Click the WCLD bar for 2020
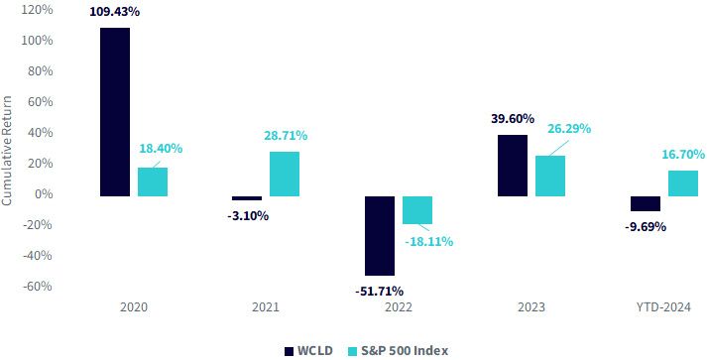[x=115, y=112]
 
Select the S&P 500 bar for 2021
[x=285, y=175]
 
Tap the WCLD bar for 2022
[x=380, y=236]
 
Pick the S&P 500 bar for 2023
[x=550, y=176]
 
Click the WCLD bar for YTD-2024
[x=646, y=203]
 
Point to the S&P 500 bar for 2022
[x=417, y=210]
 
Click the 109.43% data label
[x=114, y=12]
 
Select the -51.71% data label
[x=379, y=291]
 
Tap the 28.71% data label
[x=286, y=135]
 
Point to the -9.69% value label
[x=646, y=226]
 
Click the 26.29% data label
[x=569, y=129]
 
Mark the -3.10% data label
[x=248, y=216]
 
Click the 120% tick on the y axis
[x=37, y=10]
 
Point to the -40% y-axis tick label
[x=37, y=255]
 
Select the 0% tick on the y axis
[x=44, y=194]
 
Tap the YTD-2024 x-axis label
[x=663, y=307]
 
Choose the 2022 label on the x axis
[x=399, y=307]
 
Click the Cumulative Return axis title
[x=7, y=151]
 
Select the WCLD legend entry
[x=308, y=351]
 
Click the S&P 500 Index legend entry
[x=399, y=351]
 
